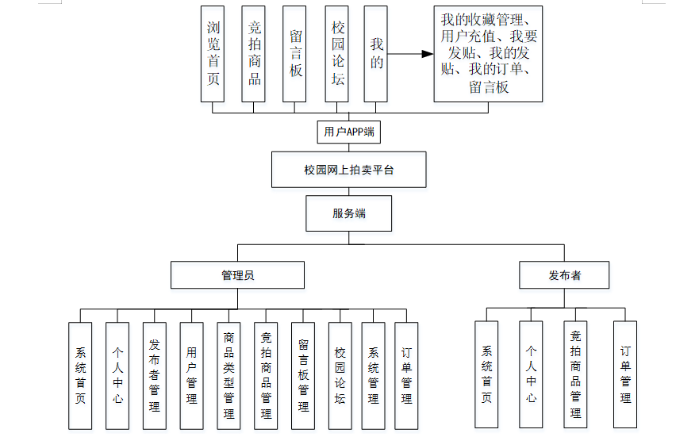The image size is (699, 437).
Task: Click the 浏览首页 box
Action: coord(213,54)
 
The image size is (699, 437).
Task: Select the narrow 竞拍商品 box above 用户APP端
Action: coord(254,54)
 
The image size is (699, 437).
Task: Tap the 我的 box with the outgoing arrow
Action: coord(375,54)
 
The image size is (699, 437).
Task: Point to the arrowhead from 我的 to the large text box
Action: coord(428,55)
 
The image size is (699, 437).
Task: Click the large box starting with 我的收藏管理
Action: coord(488,54)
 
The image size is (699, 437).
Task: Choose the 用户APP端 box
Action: coord(348,132)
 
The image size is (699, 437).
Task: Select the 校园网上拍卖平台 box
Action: coord(348,170)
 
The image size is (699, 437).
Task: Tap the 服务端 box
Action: coord(348,213)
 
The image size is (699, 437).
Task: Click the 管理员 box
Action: coord(237,275)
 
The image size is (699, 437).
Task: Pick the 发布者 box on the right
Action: coord(564,275)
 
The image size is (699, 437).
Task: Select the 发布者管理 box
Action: coord(154,374)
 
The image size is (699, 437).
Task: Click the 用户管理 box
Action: coord(191,374)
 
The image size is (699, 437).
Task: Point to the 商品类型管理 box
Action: coord(229,374)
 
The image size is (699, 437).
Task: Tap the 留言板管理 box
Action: coord(303,374)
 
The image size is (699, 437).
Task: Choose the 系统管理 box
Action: coord(373,374)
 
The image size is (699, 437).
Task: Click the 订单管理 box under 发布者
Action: coord(625,374)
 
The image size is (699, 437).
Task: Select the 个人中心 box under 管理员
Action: coord(117,374)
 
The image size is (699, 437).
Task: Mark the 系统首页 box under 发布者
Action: coord(486,374)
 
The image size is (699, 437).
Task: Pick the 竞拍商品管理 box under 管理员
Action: coord(266,374)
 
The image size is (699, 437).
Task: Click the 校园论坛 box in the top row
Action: coord(337,54)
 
